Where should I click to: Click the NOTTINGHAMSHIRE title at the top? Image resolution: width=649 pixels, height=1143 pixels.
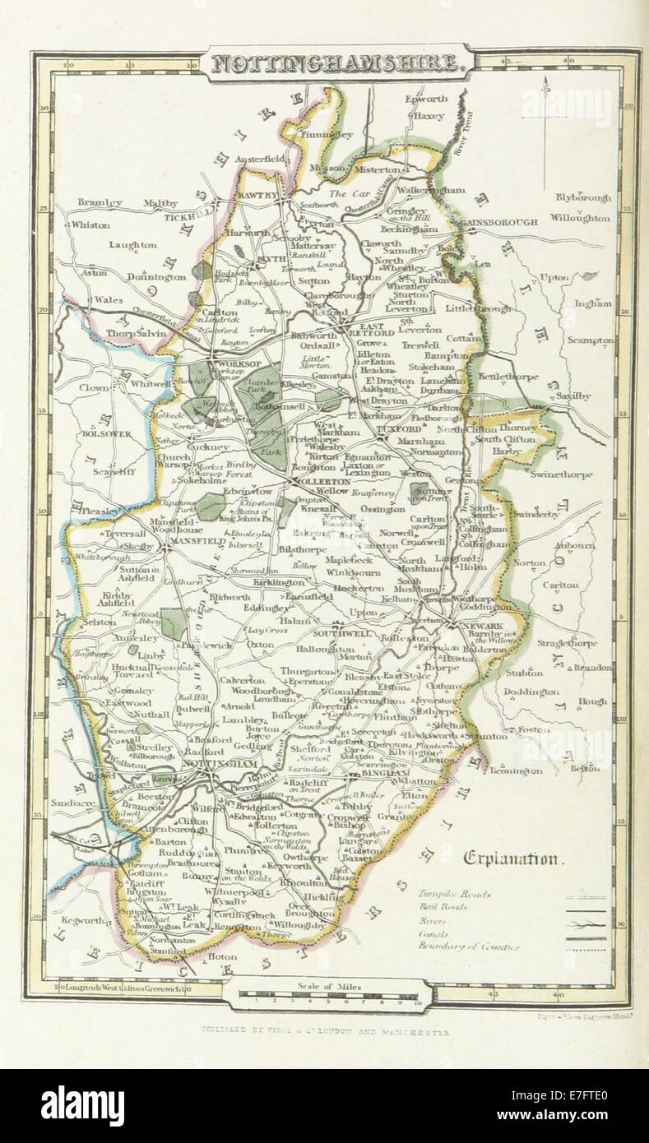(338, 62)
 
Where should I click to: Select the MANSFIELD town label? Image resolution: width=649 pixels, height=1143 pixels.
(197, 543)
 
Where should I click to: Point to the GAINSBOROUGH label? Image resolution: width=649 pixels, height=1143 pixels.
(500, 223)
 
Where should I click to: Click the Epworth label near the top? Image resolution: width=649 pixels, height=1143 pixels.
(426, 99)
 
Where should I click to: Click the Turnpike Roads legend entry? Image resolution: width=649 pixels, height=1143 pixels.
(453, 893)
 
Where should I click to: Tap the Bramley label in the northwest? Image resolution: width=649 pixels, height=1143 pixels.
(100, 202)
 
